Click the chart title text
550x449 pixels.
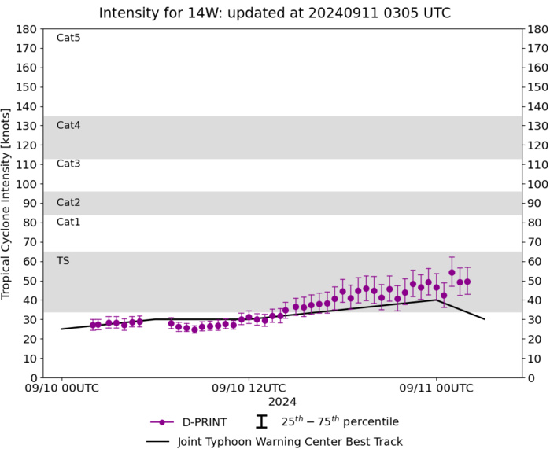click(x=275, y=13)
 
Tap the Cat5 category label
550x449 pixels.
click(x=68, y=38)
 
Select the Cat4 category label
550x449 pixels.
click(x=68, y=125)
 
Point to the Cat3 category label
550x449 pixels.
click(x=68, y=164)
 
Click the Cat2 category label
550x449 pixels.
click(x=68, y=202)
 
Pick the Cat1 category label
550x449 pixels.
click(x=68, y=222)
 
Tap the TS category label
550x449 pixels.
click(x=63, y=260)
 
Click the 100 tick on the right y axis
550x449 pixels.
click(x=537, y=184)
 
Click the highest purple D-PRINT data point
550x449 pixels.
click(x=452, y=273)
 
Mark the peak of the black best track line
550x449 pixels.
click(x=436, y=300)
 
